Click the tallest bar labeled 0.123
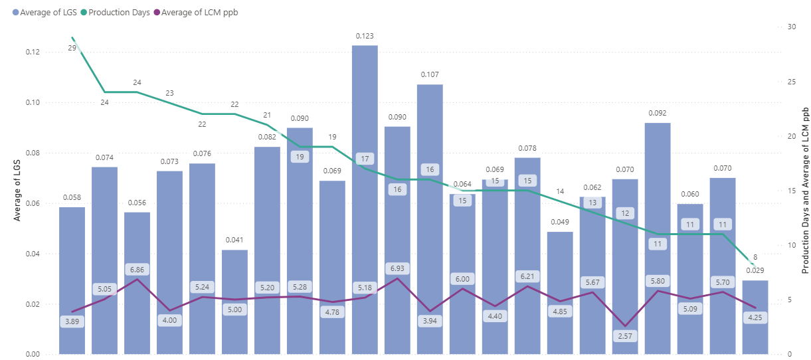[x=365, y=199]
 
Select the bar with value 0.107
[x=430, y=219]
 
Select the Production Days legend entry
[x=116, y=13]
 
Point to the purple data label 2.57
[x=625, y=337]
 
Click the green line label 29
[x=72, y=48]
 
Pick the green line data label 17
[x=365, y=159]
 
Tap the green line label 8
[x=755, y=256]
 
